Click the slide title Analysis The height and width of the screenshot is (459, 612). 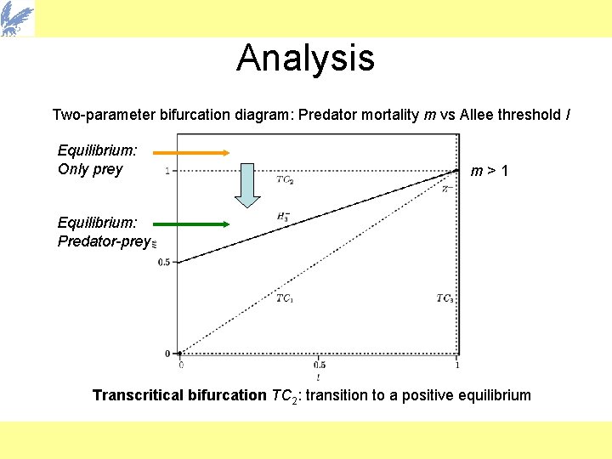point(305,58)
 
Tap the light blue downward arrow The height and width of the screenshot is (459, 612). point(247,186)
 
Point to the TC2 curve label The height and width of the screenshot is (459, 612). point(285,179)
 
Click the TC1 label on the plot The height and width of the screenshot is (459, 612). point(285,297)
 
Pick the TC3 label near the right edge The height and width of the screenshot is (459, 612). point(445,297)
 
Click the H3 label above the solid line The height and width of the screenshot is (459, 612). point(284,218)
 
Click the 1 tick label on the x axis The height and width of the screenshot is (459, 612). point(457,365)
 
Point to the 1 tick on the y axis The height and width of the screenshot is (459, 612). point(167,171)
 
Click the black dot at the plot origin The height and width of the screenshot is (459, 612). point(179,353)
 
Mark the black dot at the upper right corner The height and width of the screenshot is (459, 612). point(457,171)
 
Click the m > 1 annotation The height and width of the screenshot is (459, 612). point(490,172)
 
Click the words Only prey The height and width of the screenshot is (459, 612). point(90,169)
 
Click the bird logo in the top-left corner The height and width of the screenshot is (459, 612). point(18,18)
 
